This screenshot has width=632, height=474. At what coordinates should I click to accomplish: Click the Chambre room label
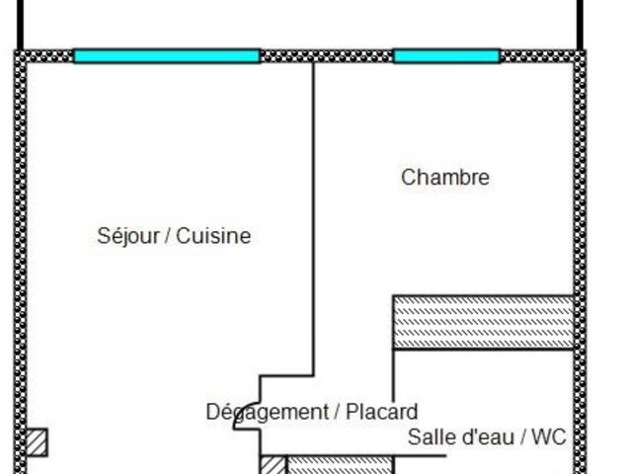pyautogui.click(x=444, y=178)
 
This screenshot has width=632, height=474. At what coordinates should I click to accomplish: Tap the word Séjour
pyautogui.click(x=126, y=236)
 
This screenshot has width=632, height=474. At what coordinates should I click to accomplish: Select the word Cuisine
pyautogui.click(x=213, y=236)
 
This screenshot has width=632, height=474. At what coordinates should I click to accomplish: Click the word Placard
pyautogui.click(x=381, y=412)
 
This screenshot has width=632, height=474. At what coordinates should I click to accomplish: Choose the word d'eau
pyautogui.click(x=486, y=437)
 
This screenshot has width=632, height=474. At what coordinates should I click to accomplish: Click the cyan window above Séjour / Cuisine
pyautogui.click(x=167, y=56)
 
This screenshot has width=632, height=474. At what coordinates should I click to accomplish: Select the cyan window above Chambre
pyautogui.click(x=446, y=56)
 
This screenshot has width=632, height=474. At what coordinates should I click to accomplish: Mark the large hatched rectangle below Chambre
pyautogui.click(x=483, y=322)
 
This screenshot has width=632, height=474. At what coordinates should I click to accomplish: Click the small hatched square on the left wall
pyautogui.click(x=36, y=441)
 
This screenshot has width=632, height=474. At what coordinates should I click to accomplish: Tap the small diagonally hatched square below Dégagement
pyautogui.click(x=272, y=465)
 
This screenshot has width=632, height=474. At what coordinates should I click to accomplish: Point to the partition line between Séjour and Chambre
pyautogui.click(x=314, y=217)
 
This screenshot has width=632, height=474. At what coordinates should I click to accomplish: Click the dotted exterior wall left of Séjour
pyautogui.click(x=19, y=247)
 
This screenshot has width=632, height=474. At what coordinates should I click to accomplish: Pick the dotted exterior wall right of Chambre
pyautogui.click(x=580, y=197)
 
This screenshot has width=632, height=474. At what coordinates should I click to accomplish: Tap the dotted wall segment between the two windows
pyautogui.click(x=326, y=56)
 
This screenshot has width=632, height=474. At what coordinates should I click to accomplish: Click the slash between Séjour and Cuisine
pyautogui.click(x=168, y=236)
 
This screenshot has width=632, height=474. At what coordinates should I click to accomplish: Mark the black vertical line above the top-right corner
pyautogui.click(x=582, y=22)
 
